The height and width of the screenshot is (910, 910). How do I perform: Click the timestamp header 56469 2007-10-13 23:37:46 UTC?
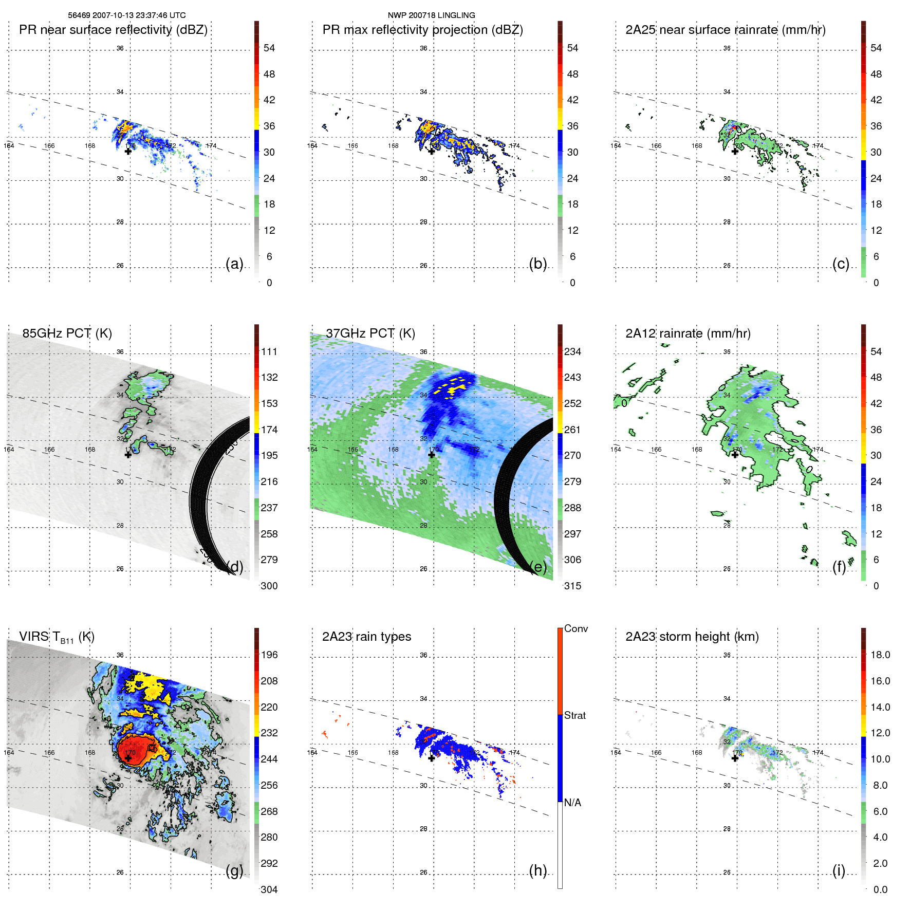127,15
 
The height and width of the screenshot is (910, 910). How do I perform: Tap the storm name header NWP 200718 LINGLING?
431,15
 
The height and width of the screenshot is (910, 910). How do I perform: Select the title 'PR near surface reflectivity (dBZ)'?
113,30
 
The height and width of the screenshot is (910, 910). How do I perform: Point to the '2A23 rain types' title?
366,637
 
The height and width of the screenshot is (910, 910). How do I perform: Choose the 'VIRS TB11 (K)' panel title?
57,637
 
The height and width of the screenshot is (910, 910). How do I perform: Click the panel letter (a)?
234,264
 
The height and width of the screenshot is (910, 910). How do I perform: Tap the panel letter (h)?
537,870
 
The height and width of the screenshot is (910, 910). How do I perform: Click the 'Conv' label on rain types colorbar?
575,628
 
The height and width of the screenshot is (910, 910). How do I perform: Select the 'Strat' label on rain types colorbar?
574,715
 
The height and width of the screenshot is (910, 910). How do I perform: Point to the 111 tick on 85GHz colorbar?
269,351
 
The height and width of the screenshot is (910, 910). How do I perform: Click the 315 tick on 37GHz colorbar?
572,586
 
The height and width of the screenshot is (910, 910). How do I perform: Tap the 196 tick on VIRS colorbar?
269,655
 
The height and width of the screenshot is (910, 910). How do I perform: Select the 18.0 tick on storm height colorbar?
880,655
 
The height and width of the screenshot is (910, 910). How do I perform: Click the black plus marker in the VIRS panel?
128,758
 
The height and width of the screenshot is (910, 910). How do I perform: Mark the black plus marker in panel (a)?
128,152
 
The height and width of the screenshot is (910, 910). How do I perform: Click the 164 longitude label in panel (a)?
9,146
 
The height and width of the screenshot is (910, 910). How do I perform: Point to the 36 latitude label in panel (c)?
727,48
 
